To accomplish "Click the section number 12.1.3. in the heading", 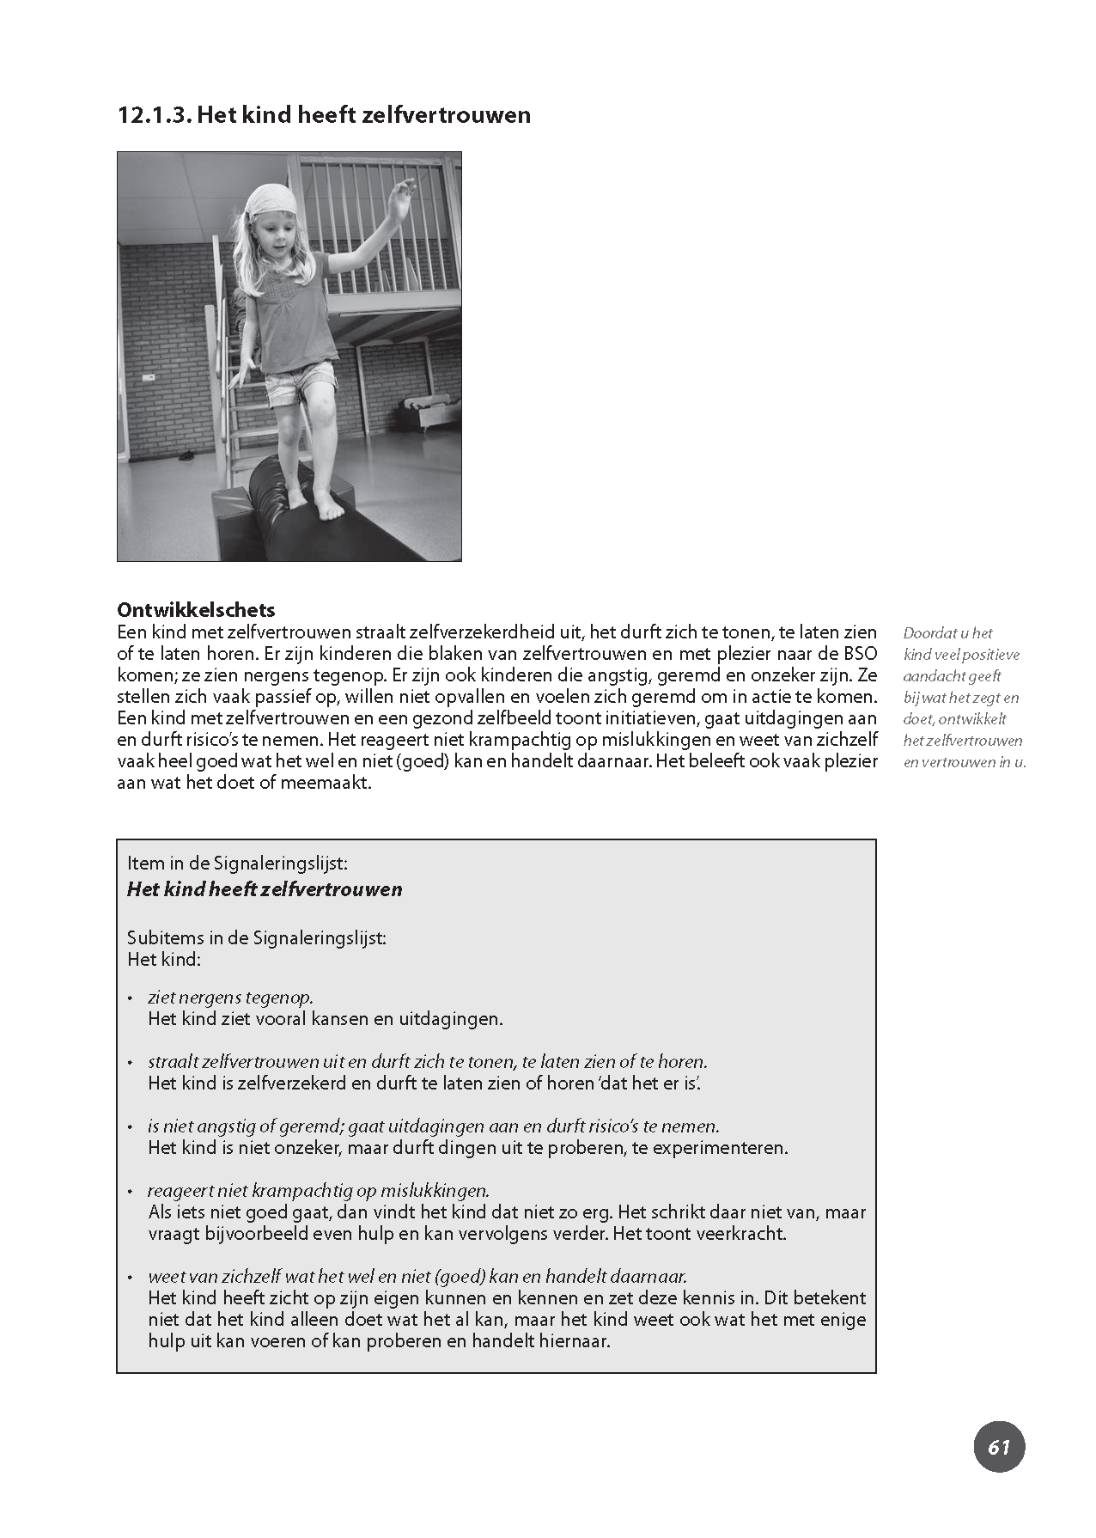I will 154,115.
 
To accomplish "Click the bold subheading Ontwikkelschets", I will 196,610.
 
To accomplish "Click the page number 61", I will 999,1447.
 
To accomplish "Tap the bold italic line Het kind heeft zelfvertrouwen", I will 265,889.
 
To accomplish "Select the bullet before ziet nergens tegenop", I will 131,998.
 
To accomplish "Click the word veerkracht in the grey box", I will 743,1234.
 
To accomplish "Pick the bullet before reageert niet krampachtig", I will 131,1192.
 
